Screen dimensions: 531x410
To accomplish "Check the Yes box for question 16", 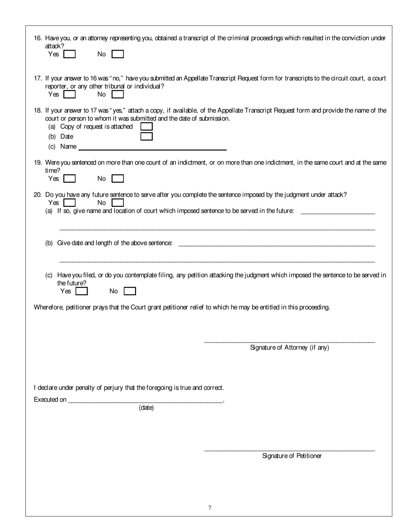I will click(69, 54).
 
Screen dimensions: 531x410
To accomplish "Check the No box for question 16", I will click(118, 54).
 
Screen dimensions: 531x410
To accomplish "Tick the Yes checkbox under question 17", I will click(69, 94).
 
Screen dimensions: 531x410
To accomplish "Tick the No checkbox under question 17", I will click(118, 94).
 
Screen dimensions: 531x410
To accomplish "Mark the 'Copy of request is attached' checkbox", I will click(147, 126).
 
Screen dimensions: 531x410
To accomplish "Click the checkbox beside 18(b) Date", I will click(147, 136).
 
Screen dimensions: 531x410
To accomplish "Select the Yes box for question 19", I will click(69, 178).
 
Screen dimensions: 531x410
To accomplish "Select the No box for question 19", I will click(118, 178).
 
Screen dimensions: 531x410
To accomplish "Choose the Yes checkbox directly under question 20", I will click(69, 202).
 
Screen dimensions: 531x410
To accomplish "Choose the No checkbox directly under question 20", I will click(118, 202).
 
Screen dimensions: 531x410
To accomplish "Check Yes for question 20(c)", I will click(82, 291).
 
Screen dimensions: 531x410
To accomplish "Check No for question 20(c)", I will click(130, 291).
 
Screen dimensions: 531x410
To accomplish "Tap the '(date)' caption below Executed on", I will click(146, 408).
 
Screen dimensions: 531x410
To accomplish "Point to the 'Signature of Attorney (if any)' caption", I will click(290, 348).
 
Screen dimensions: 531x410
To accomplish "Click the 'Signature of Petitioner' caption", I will click(292, 456).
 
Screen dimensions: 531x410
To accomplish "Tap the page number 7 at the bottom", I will click(210, 508).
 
